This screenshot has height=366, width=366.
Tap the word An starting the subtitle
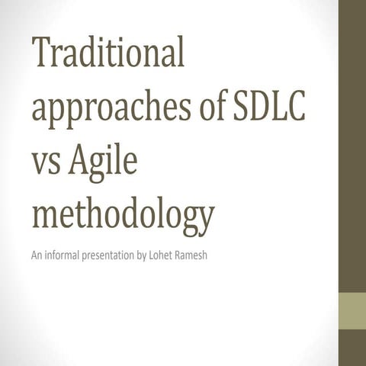pyautogui.click(x=36, y=254)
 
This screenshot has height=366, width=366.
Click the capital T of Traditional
pyautogui.click(x=41, y=58)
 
